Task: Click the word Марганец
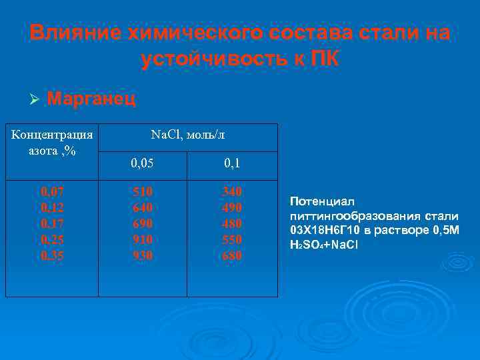coord(92,99)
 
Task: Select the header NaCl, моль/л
coord(188,135)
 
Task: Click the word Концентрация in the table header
coord(52,135)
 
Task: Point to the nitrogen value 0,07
coord(52,192)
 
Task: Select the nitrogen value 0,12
coord(52,208)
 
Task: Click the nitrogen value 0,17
coord(52,224)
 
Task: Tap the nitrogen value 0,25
coord(52,240)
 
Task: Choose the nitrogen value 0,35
coord(52,256)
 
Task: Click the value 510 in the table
coord(142,192)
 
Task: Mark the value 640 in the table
coord(142,208)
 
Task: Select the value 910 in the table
coord(142,240)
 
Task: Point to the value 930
coord(142,256)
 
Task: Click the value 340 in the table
coord(231,192)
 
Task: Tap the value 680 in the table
coord(231,256)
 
